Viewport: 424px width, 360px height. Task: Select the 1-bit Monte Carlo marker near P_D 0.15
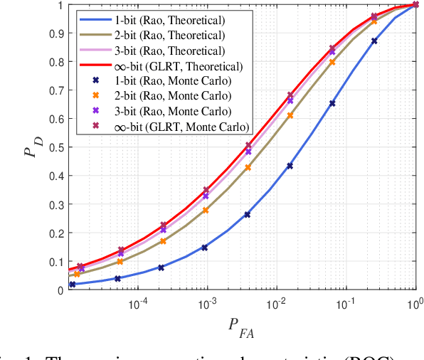point(205,248)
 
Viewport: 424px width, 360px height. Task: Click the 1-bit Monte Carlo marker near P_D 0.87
point(374,41)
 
